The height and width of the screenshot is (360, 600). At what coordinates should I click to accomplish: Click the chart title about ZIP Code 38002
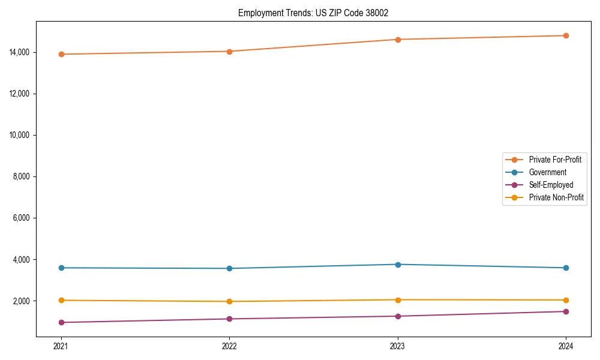(x=313, y=13)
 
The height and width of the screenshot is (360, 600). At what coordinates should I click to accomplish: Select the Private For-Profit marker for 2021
(x=61, y=54)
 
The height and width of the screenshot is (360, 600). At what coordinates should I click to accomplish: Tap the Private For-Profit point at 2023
(x=398, y=40)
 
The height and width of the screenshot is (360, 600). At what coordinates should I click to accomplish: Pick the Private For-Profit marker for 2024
(x=566, y=35)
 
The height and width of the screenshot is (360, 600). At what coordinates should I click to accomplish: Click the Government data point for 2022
(x=229, y=268)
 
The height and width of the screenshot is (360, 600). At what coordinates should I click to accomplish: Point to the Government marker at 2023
(x=398, y=264)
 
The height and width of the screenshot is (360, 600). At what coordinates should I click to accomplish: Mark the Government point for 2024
(x=566, y=268)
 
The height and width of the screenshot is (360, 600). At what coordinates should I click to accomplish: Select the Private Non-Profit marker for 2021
(x=61, y=300)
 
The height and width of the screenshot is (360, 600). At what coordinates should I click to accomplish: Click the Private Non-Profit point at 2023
(x=398, y=299)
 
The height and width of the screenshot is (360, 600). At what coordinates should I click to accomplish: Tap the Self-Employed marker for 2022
(x=229, y=319)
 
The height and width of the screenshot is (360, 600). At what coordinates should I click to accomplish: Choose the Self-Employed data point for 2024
(x=566, y=311)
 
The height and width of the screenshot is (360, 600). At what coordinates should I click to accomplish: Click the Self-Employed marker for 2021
(x=61, y=322)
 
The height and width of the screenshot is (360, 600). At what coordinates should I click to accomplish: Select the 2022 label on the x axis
(x=229, y=346)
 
